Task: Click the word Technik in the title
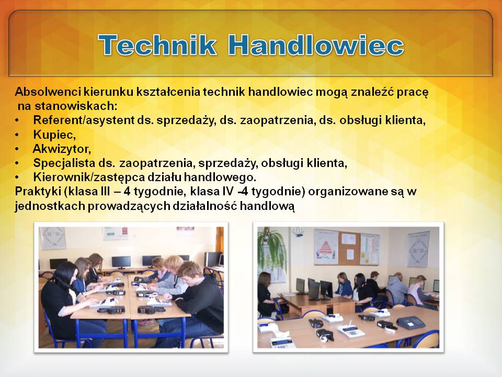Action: pos(157,45)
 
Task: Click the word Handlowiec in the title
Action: pos(316,45)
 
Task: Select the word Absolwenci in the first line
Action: pos(48,92)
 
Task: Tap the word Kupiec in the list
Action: pos(54,135)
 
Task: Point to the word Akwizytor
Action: pos(62,149)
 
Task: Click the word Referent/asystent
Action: pos(84,120)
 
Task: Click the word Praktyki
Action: pos(38,192)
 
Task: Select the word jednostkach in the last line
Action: pos(50,206)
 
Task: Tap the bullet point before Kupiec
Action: pos(17,135)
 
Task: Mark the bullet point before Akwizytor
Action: pos(17,149)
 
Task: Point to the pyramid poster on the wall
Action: pos(326,247)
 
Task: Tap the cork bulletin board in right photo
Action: pos(349,248)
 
